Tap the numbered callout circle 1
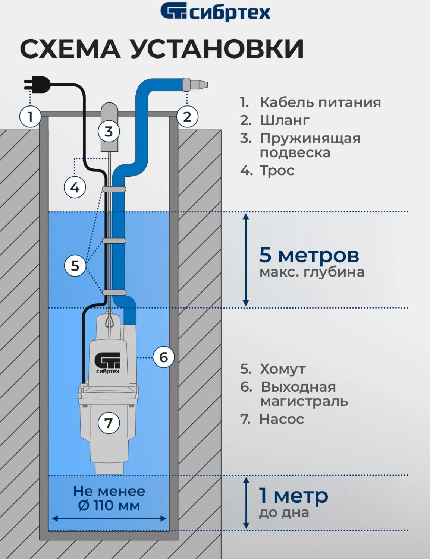30,117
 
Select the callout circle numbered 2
187,117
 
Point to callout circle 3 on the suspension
109,131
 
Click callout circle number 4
75,187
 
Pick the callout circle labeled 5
75,266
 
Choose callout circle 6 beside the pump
164,357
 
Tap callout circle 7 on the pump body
109,423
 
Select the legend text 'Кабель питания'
320,102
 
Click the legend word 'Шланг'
285,120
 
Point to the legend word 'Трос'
277,170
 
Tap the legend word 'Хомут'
282,369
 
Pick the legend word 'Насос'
282,419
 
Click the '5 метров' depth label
309,255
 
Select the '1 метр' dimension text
294,496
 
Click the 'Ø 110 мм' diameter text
109,506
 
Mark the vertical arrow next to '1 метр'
246,503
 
